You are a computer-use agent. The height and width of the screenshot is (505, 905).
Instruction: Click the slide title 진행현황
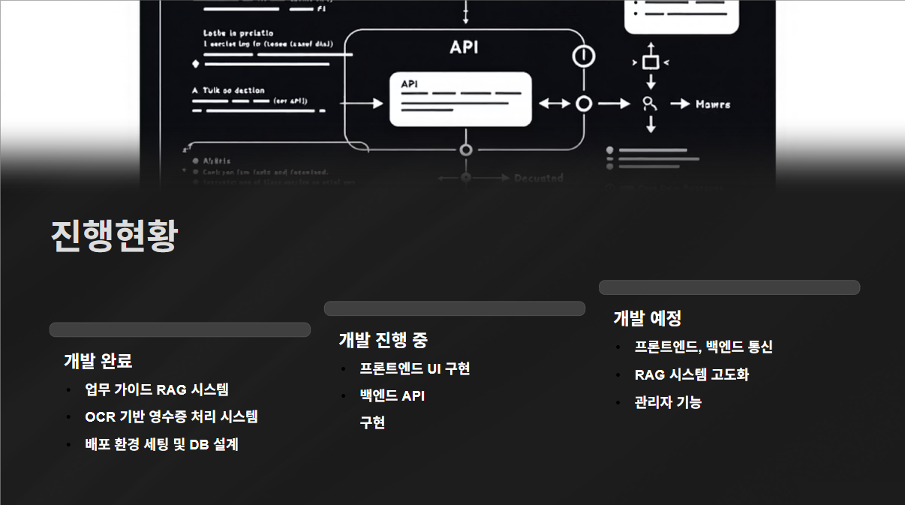click(114, 236)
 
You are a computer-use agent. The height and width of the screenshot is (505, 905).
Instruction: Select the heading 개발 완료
click(98, 361)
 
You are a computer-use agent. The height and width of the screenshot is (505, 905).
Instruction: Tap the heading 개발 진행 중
click(383, 340)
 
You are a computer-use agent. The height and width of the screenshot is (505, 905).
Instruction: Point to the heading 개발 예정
click(647, 318)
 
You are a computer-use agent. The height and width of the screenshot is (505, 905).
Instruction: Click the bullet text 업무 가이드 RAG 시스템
click(157, 389)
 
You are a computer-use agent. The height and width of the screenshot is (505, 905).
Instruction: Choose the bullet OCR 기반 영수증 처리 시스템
click(171, 416)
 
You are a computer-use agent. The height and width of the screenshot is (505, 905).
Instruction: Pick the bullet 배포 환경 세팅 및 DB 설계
click(161, 444)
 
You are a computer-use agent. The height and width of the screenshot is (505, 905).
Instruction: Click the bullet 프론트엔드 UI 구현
click(414, 368)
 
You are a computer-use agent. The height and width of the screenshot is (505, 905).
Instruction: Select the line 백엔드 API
click(392, 395)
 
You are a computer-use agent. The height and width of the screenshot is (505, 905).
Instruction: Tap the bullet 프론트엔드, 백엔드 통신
click(703, 347)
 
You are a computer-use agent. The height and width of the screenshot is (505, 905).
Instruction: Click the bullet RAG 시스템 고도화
click(691, 374)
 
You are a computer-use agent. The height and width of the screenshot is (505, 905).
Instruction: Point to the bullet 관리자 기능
click(668, 402)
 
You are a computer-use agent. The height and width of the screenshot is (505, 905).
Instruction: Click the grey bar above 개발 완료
click(180, 329)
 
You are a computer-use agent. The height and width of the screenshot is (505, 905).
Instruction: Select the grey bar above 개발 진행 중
click(455, 308)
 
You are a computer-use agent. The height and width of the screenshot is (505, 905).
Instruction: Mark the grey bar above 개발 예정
click(729, 287)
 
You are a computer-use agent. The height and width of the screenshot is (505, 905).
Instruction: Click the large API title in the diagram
click(464, 47)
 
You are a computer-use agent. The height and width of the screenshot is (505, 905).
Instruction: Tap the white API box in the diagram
click(460, 99)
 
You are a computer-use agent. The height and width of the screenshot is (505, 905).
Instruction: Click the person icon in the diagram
click(650, 104)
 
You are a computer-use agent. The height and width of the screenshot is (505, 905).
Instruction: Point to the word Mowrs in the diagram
click(712, 104)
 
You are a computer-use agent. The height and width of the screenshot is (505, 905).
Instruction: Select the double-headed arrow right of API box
click(555, 104)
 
